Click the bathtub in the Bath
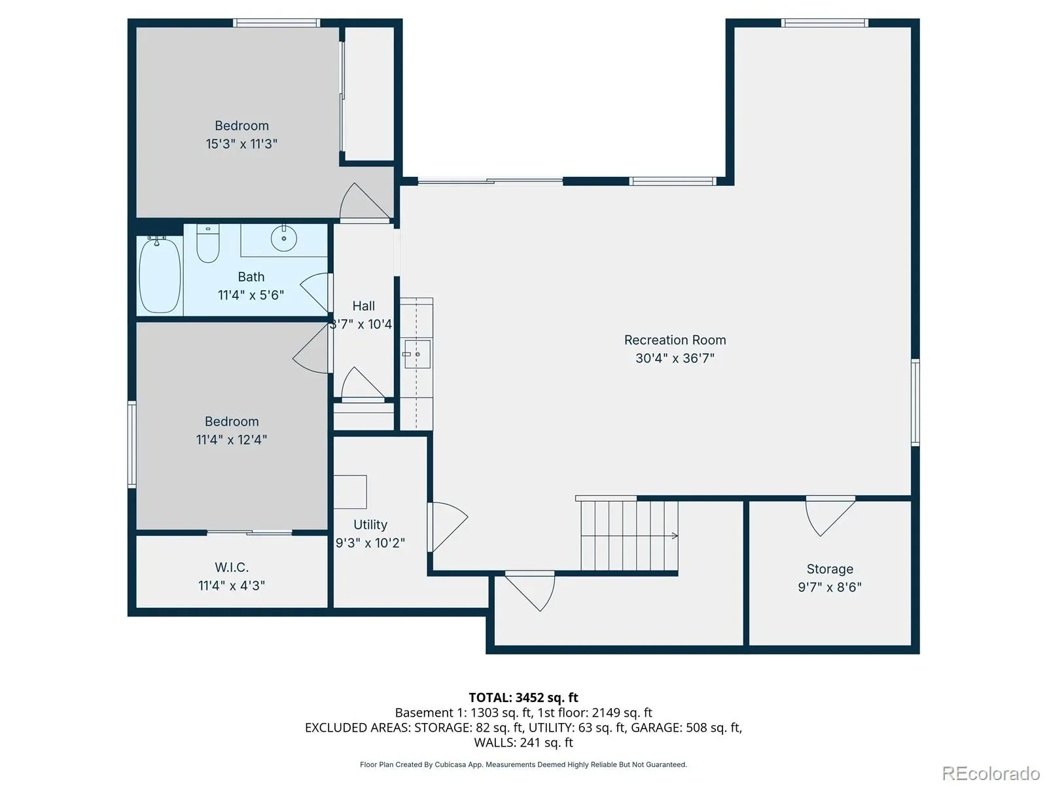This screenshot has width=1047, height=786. coord(160,276)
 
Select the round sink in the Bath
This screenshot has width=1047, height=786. coord(284,238)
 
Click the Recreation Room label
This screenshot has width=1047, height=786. coord(675,340)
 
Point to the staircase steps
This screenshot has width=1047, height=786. coord(629,535)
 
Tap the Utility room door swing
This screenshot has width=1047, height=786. coord(448,527)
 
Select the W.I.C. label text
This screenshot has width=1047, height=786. coord(232,567)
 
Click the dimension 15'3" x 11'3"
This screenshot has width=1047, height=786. coord(241,143)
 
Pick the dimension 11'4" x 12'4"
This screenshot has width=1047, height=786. coord(232,440)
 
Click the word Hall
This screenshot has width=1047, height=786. coord(363,306)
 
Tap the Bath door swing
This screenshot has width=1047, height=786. coord(315,292)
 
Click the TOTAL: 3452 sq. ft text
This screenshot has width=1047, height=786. coord(523,698)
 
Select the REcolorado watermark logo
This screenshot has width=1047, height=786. coord(991,773)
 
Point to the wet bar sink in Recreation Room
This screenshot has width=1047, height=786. coord(417,354)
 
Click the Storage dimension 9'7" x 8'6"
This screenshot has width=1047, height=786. coord(830,587)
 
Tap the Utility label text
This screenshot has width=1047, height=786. coord(370,525)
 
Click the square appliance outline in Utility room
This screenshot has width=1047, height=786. coord(350,491)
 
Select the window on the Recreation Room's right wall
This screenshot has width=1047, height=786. coord(915,402)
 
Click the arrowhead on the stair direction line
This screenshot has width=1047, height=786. coord(675,535)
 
